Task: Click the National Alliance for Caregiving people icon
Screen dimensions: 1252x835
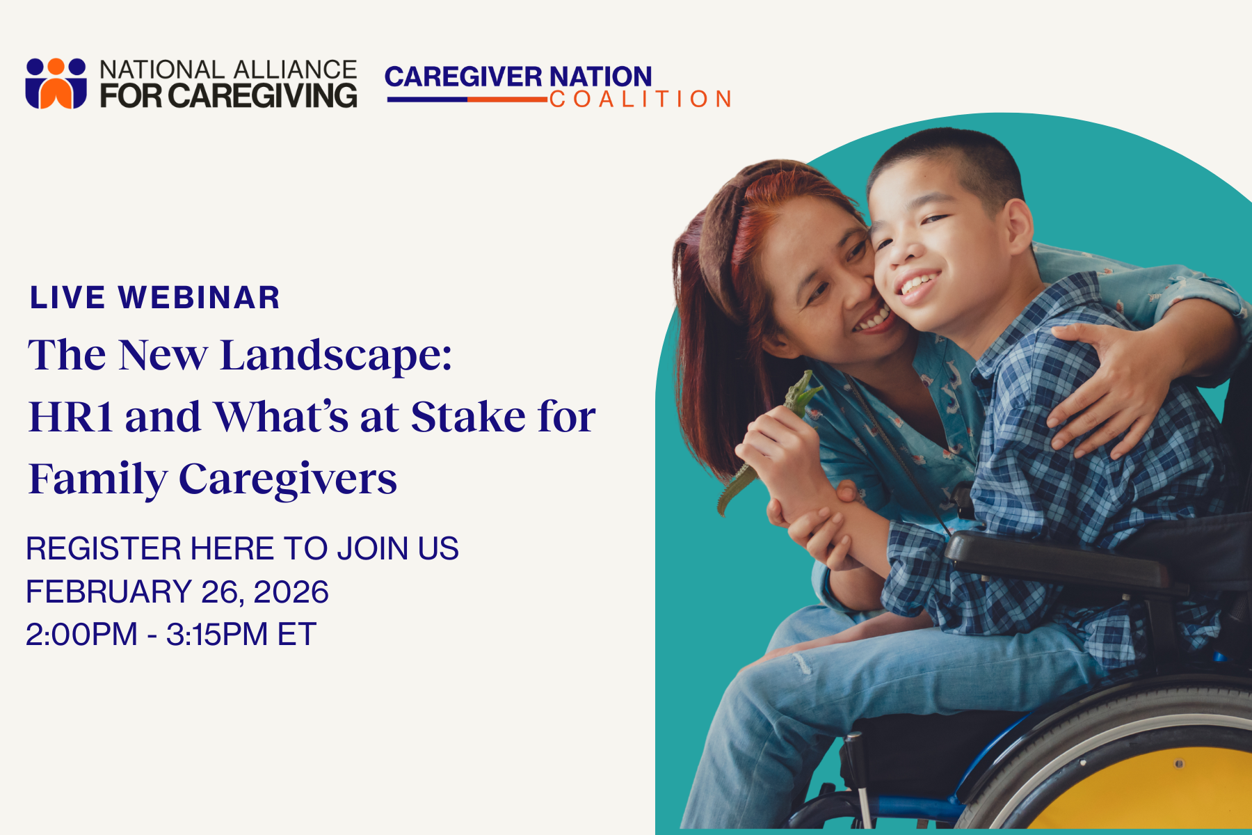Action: coord(56,83)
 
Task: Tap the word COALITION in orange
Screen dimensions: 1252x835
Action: coord(641,99)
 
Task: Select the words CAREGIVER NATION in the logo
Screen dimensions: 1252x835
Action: coord(518,77)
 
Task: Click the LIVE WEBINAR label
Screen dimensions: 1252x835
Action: coord(154,298)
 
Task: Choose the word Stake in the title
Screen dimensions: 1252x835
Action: coord(468,417)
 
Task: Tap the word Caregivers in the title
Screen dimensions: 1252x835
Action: coord(288,480)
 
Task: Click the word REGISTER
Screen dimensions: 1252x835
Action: coord(104,548)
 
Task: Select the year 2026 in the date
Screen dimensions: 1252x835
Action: coord(291,592)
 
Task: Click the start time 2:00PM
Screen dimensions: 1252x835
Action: coord(81,635)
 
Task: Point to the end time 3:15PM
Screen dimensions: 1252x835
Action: coord(217,635)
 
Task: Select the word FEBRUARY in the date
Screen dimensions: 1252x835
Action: coord(109,592)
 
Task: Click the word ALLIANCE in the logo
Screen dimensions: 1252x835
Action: coord(294,70)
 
